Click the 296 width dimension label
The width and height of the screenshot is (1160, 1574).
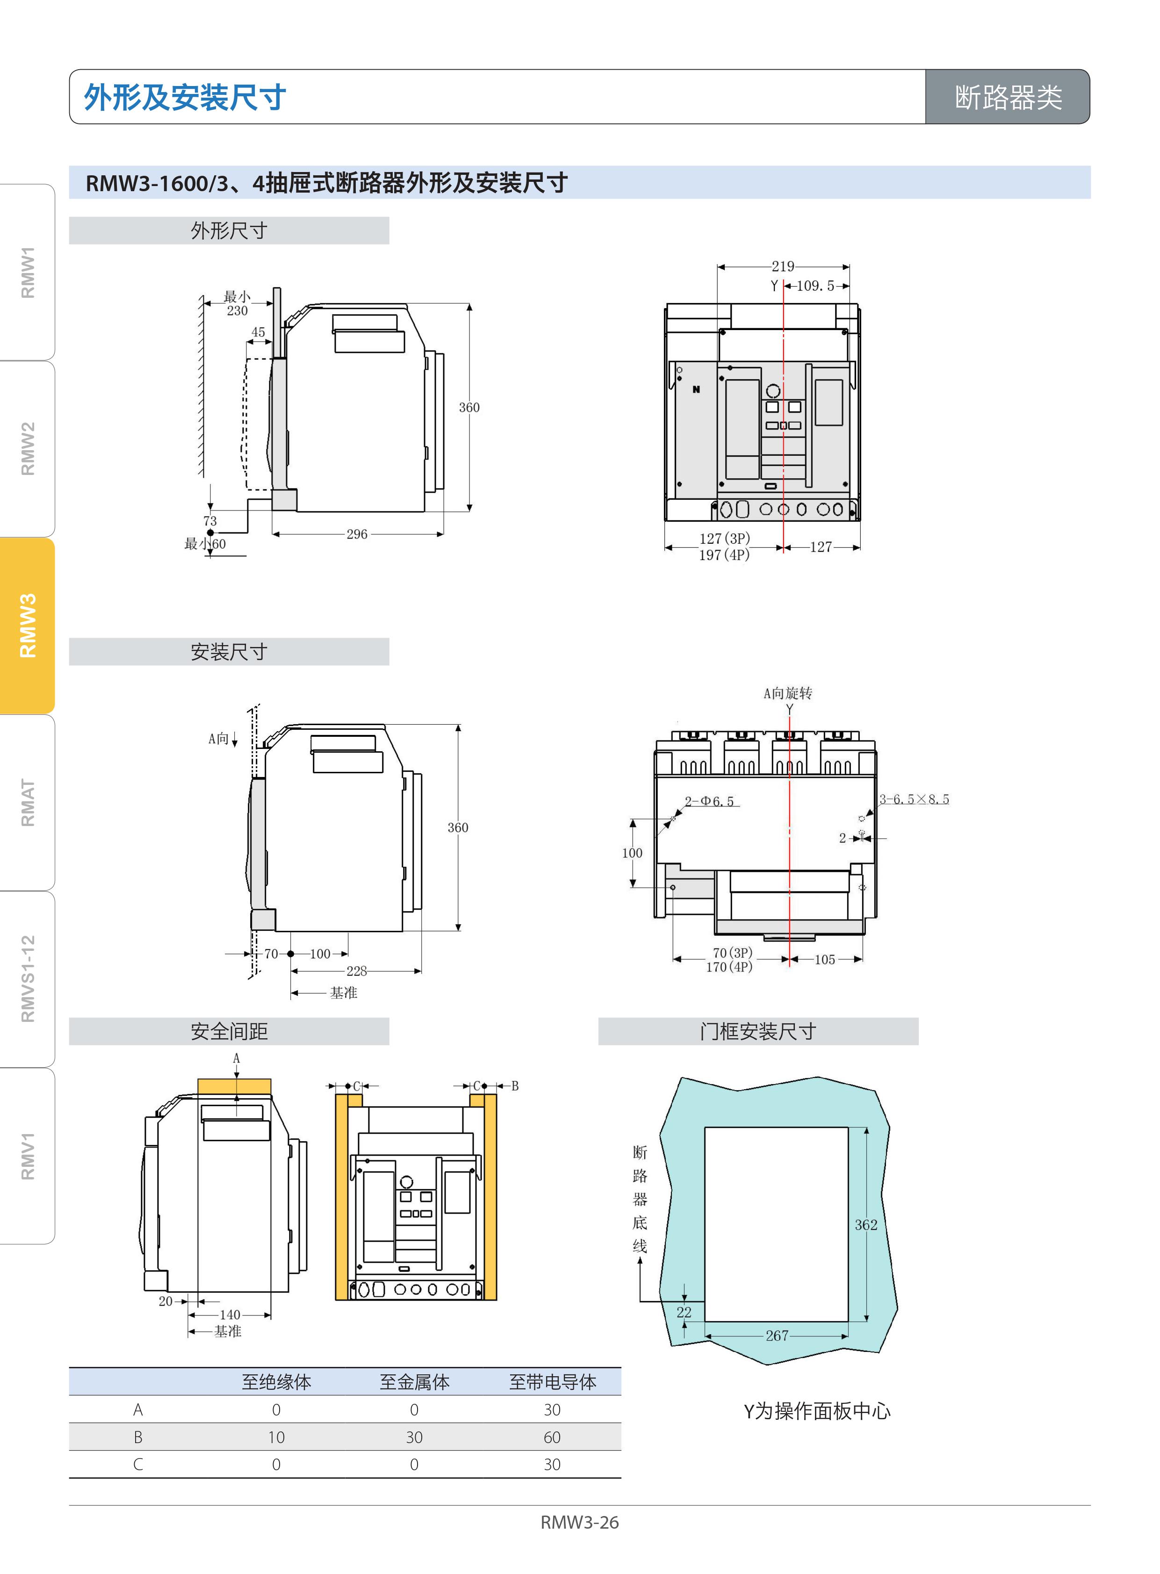tap(357, 534)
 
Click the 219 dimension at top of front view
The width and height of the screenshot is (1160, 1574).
tap(783, 267)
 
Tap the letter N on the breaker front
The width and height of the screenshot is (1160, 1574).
tap(697, 389)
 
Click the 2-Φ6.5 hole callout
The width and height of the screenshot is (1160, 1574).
tap(709, 802)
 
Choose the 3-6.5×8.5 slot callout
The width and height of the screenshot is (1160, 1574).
tap(914, 800)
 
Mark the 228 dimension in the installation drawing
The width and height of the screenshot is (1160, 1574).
tap(357, 971)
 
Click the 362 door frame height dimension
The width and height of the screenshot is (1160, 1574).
tap(866, 1225)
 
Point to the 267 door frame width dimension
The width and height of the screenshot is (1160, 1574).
tap(777, 1336)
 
